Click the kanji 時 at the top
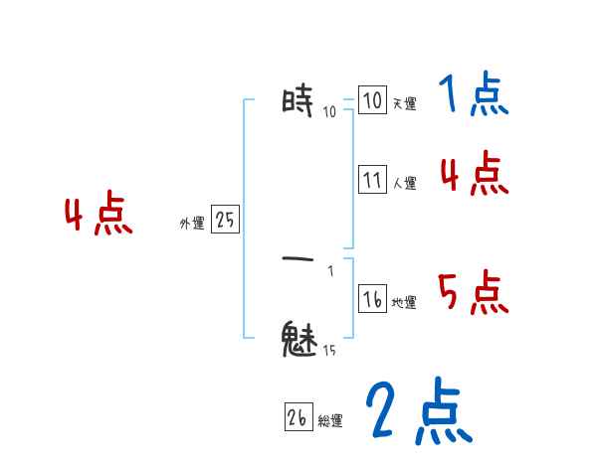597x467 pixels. [x=298, y=100]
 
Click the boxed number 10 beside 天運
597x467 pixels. [x=372, y=101]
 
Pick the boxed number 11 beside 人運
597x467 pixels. [x=372, y=180]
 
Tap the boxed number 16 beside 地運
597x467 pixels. [x=372, y=299]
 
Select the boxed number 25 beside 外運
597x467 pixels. [x=225, y=221]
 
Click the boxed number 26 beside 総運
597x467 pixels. [x=298, y=418]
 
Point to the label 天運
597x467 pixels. [x=404, y=103]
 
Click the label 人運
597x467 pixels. [x=404, y=183]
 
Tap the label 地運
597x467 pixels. [x=404, y=302]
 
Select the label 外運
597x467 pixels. [x=191, y=225]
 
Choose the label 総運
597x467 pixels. [x=330, y=421]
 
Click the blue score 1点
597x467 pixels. [x=473, y=96]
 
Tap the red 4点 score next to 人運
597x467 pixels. [x=474, y=175]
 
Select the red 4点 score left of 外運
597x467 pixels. [x=98, y=215]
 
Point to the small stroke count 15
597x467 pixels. [x=328, y=350]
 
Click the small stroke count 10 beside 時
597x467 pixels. [x=329, y=111]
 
